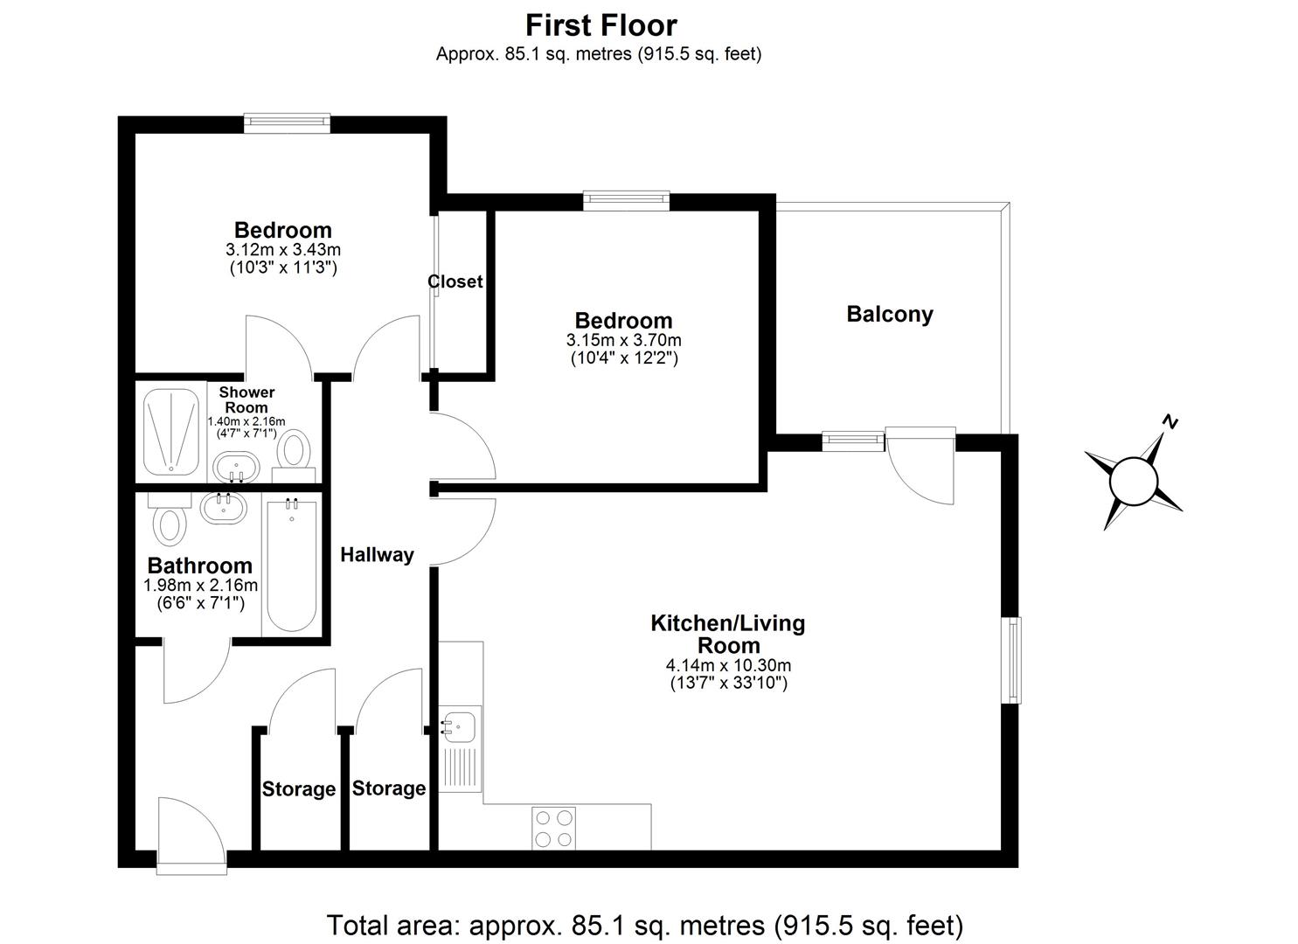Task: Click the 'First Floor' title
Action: (x=600, y=24)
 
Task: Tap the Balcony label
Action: (x=889, y=315)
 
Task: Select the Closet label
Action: (x=455, y=281)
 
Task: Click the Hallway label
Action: (x=377, y=555)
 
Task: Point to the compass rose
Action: (x=1133, y=480)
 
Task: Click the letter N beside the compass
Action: (x=1170, y=423)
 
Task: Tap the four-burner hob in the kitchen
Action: (x=554, y=828)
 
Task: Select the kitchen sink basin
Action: (x=460, y=725)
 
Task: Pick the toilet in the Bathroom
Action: (x=170, y=522)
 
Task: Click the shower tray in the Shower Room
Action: (x=171, y=431)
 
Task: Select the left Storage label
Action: (x=299, y=789)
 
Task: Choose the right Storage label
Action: (x=389, y=788)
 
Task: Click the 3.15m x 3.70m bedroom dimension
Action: (x=623, y=340)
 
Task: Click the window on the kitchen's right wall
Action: (x=1012, y=660)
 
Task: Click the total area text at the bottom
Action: (x=644, y=924)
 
